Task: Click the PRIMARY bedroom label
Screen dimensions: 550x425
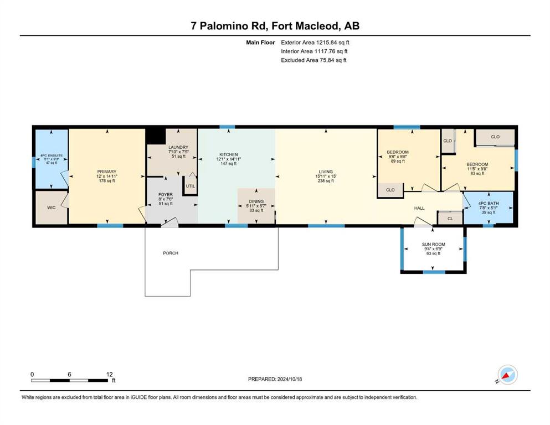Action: [107, 172]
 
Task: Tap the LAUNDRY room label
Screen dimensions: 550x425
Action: [178, 147]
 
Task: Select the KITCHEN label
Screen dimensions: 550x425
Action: [229, 154]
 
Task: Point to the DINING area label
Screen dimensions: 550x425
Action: [256, 201]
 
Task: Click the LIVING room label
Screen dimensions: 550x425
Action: [326, 172]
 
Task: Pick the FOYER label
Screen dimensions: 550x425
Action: [166, 194]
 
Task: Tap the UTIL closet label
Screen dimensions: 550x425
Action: [190, 186]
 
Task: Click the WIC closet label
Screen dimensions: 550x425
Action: [51, 208]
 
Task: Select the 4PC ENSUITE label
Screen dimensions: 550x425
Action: [51, 156]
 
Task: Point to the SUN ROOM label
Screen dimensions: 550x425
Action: [434, 244]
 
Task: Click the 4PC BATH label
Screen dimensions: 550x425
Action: [489, 203]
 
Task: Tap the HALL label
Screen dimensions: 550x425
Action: [419, 208]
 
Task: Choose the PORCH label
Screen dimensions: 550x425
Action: [171, 253]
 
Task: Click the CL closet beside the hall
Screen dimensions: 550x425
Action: [450, 219]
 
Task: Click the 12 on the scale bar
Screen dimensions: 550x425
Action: [110, 374]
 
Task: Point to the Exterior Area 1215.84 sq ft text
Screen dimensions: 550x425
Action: [315, 43]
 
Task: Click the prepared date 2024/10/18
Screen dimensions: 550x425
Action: [289, 379]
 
